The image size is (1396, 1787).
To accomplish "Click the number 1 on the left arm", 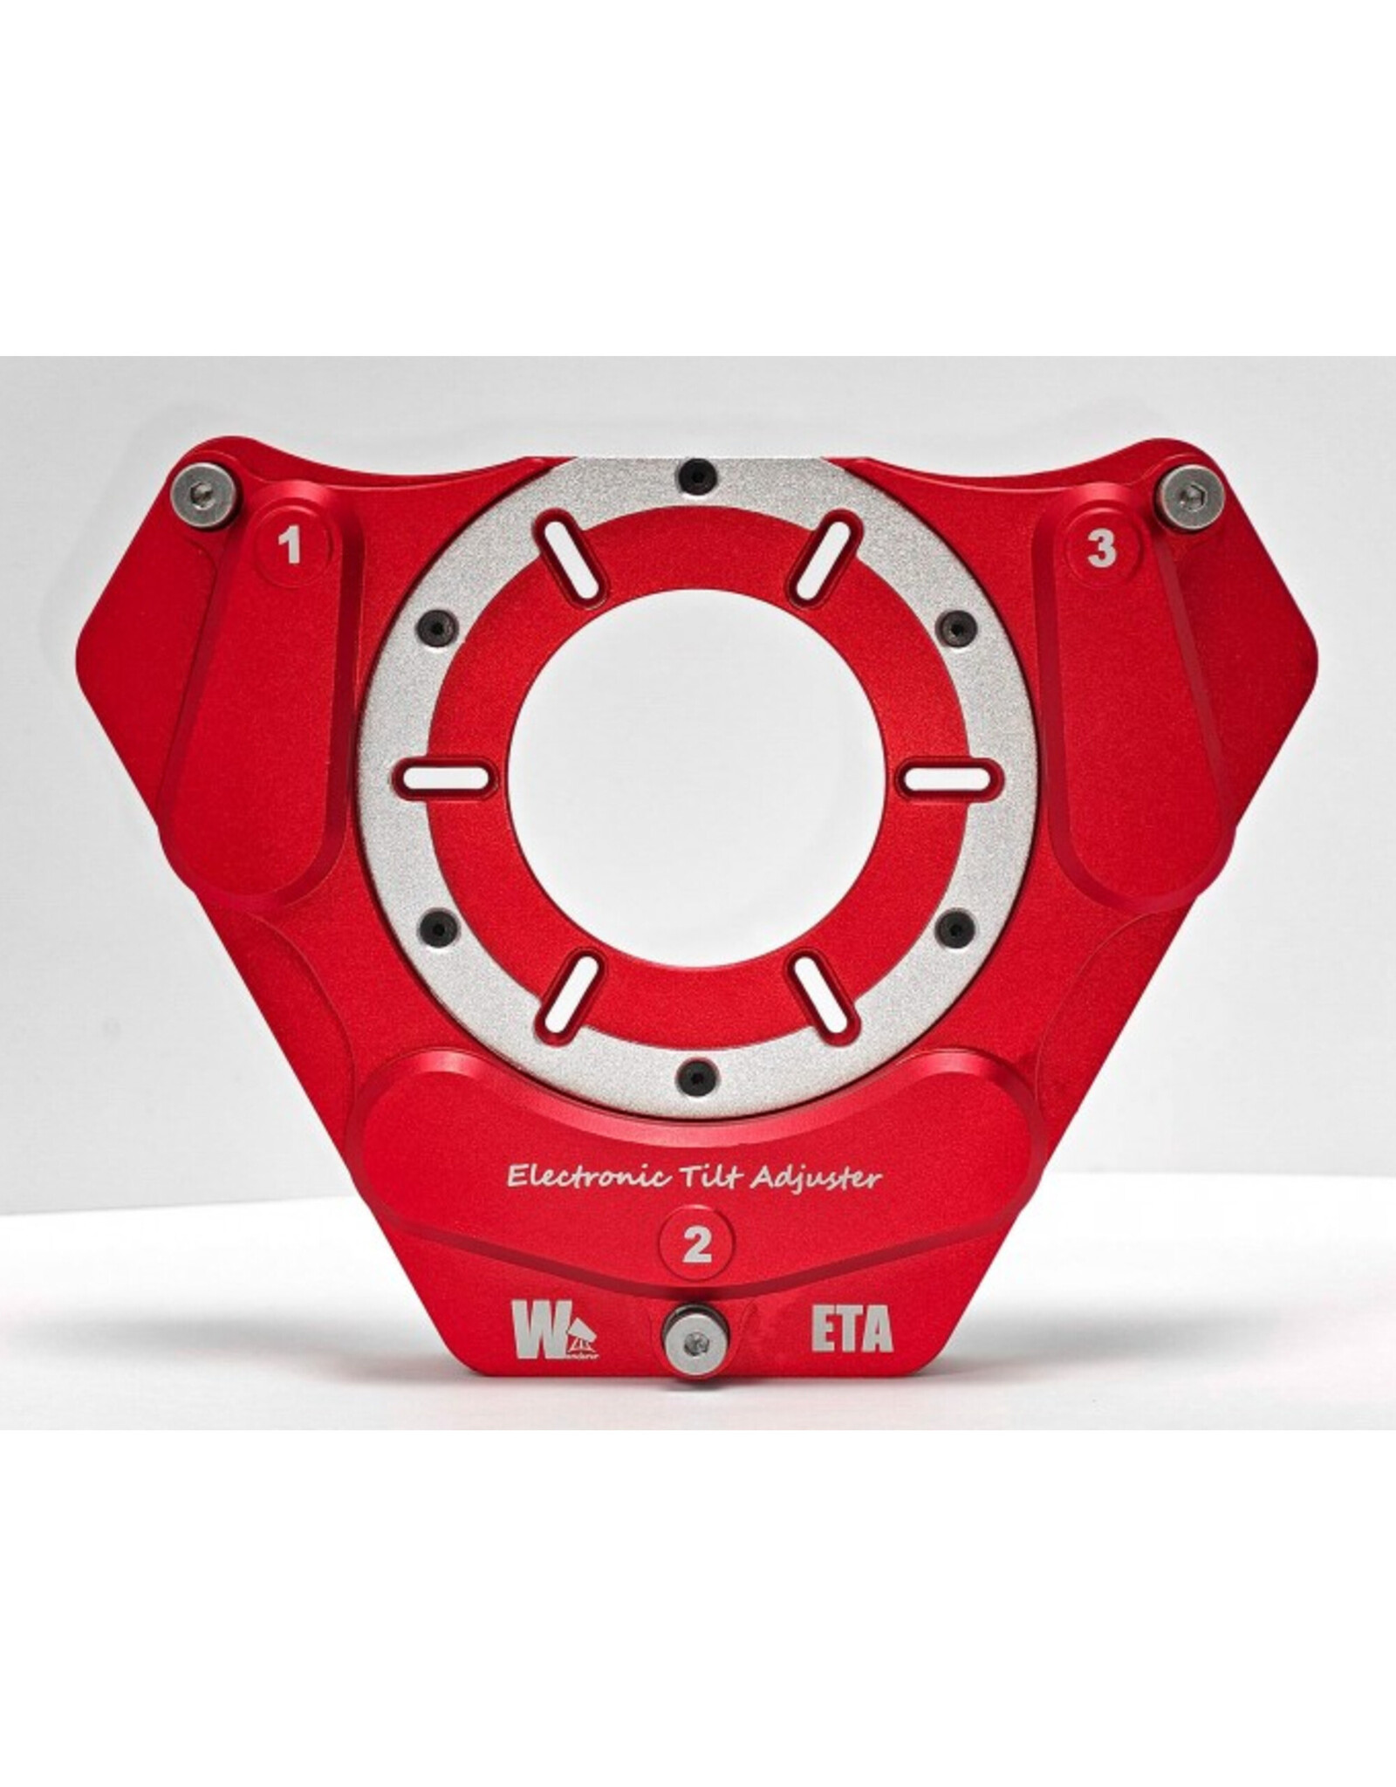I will [289, 548].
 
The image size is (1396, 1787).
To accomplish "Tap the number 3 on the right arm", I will [1102, 550].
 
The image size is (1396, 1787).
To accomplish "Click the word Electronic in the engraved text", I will [580, 1177].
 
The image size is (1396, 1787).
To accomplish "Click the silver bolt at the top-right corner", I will [1186, 496].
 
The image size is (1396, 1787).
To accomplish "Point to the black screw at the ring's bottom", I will [695, 1075].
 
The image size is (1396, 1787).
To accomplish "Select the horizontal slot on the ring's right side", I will [947, 776].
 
